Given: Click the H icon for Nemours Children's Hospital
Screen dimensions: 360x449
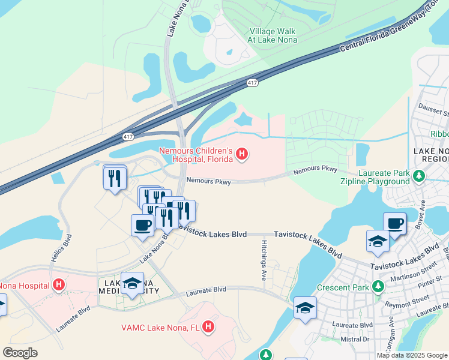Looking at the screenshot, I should pos(241,155).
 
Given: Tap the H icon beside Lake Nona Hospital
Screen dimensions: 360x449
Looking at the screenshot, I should pos(59,284).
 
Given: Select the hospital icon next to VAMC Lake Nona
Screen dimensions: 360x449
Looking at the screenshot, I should pos(208,327).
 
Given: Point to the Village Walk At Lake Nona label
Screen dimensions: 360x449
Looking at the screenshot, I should pos(274,34).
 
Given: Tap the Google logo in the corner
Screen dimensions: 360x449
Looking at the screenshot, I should pos(20,353).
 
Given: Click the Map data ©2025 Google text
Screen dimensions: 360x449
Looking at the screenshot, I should pos(412,355).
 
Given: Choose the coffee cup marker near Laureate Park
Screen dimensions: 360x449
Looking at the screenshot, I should pos(394,223).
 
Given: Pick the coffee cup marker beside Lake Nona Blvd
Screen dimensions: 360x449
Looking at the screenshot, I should pos(142,225).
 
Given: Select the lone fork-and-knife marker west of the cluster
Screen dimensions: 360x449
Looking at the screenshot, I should pos(114,177).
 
